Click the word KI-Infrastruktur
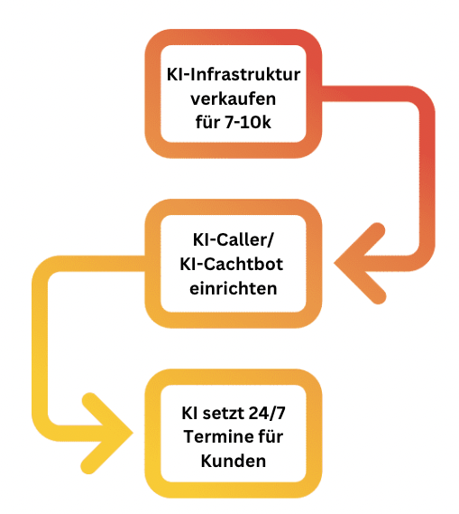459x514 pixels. pyautogui.click(x=234, y=75)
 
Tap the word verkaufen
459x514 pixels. pyautogui.click(x=234, y=98)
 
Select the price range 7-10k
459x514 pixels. pyautogui.click(x=248, y=122)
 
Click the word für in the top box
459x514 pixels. pyautogui.click(x=207, y=122)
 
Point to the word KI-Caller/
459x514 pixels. pyautogui.click(x=233, y=240)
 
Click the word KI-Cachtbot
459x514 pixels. pyautogui.click(x=231, y=264)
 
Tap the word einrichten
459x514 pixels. pyautogui.click(x=234, y=289)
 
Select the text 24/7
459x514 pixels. pyautogui.click(x=267, y=413)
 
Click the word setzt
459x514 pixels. pyautogui.click(x=224, y=413)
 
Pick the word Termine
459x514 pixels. pyautogui.click(x=215, y=437)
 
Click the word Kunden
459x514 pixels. pyautogui.click(x=234, y=462)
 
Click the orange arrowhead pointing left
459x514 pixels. pyautogui.click(x=360, y=263)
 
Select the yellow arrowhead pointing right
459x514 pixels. pyautogui.click(x=106, y=433)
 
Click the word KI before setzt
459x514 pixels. pyautogui.click(x=189, y=413)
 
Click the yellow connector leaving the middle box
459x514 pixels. pyautogui.click(x=40, y=341)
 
